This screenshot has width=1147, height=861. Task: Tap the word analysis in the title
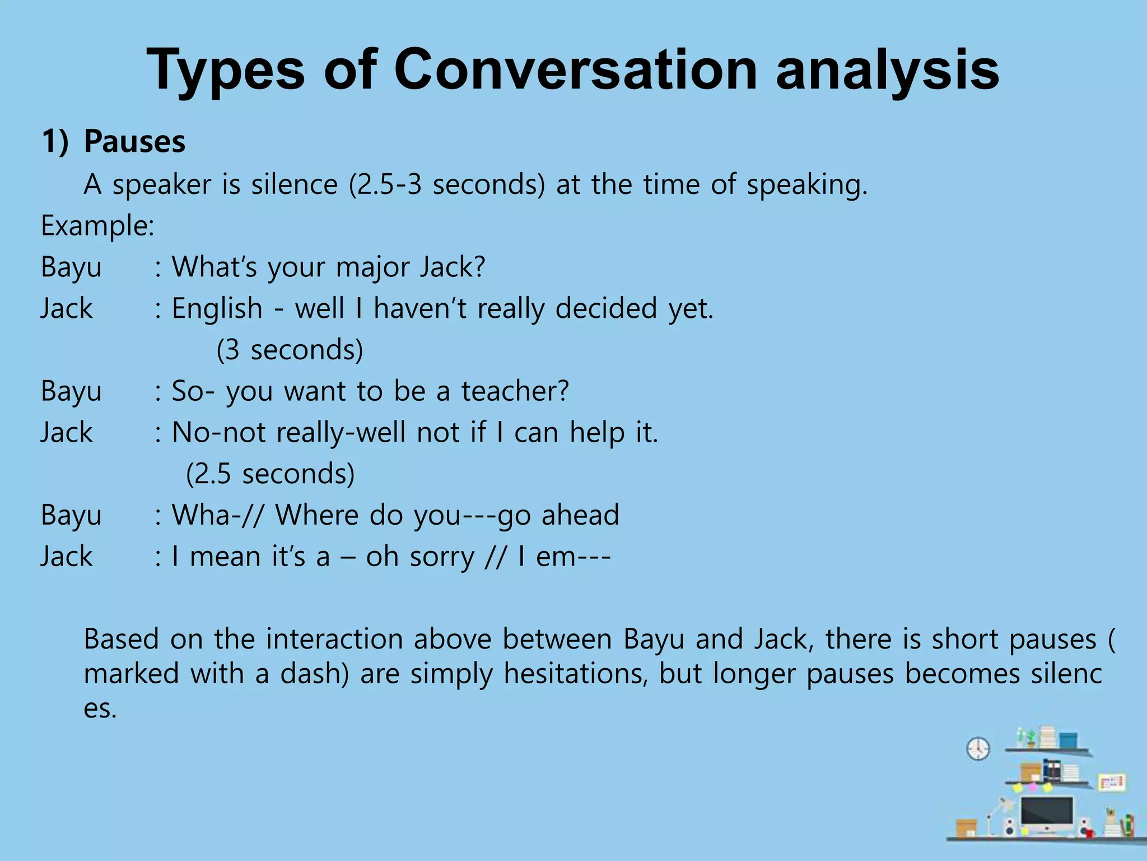[887, 70]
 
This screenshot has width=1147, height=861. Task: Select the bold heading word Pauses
[134, 141]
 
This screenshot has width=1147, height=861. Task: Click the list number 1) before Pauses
[55, 141]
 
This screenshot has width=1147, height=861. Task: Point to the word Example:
[97, 226]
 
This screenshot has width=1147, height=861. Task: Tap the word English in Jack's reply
[217, 308]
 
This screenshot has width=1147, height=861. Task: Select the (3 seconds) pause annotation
[290, 350]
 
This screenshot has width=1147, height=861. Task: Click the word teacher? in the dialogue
[515, 391]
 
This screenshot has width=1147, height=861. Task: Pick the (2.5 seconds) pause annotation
[270, 474]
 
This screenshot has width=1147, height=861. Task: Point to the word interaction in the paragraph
[334, 639]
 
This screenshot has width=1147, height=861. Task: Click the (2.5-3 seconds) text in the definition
[446, 184]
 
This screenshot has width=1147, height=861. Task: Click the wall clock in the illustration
[978, 748]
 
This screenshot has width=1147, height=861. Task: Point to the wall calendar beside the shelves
[1111, 782]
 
